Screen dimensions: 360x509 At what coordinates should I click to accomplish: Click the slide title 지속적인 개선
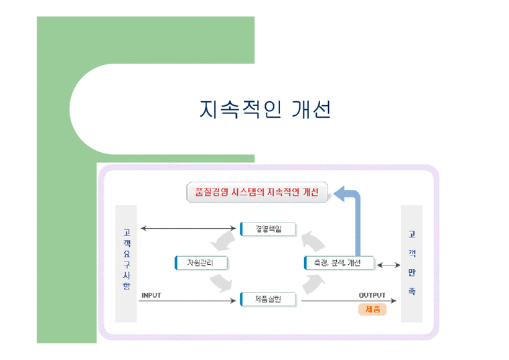[265, 109]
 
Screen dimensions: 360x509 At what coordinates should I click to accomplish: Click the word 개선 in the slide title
[312, 109]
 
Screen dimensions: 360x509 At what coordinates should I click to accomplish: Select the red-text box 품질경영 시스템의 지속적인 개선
[257, 193]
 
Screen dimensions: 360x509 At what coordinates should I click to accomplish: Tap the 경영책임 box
[268, 229]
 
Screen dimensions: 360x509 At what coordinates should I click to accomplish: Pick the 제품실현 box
[268, 299]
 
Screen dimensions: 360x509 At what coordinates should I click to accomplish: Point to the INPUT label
[151, 294]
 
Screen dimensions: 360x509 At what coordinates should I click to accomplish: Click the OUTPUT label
[372, 294]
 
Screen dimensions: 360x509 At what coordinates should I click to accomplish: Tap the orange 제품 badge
[372, 310]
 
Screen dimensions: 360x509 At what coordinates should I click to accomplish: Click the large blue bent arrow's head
[338, 194]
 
